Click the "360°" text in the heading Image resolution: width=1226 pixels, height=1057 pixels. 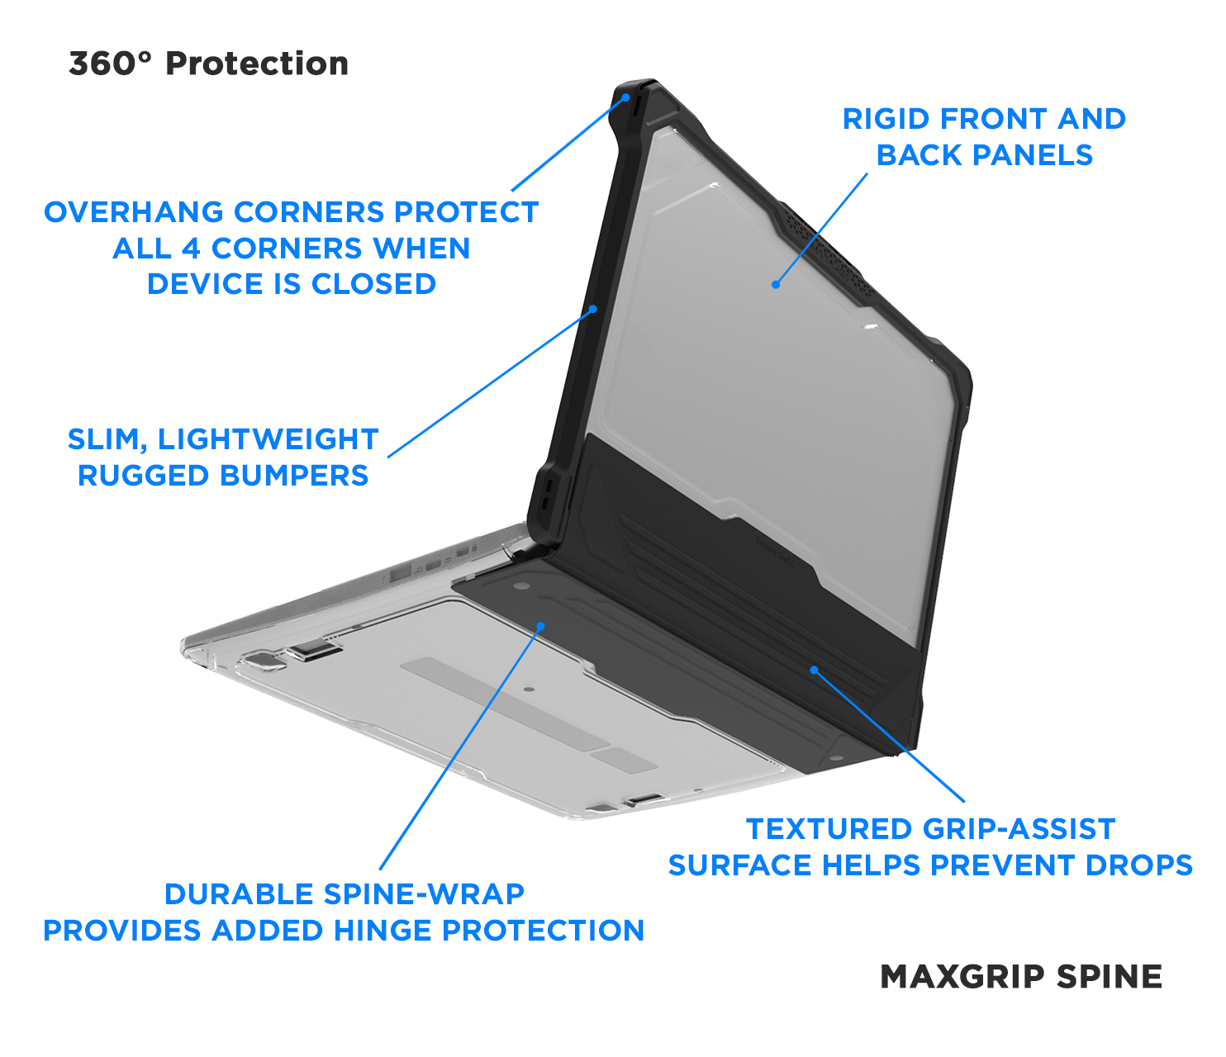click(x=111, y=64)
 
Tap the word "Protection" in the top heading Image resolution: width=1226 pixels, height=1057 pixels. click(x=257, y=64)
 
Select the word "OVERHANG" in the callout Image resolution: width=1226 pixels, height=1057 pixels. click(x=134, y=212)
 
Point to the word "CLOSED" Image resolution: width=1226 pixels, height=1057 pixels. click(x=373, y=284)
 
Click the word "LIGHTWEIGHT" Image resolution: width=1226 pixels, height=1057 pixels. click(x=268, y=439)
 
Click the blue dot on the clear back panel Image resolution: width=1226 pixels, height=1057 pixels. click(x=776, y=285)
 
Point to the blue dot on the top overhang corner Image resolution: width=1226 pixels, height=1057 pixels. click(x=627, y=97)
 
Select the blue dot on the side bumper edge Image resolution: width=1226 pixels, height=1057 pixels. click(x=593, y=310)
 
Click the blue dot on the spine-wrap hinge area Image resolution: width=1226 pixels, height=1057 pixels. click(x=541, y=626)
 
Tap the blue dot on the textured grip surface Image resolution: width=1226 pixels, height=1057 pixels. click(x=814, y=670)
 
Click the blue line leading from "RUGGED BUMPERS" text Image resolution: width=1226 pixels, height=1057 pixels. click(x=487, y=384)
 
